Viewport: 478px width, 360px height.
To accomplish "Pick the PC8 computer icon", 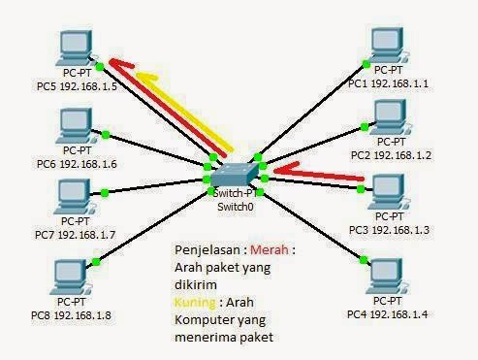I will (69, 273).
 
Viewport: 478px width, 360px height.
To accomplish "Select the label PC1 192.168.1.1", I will (388, 83).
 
